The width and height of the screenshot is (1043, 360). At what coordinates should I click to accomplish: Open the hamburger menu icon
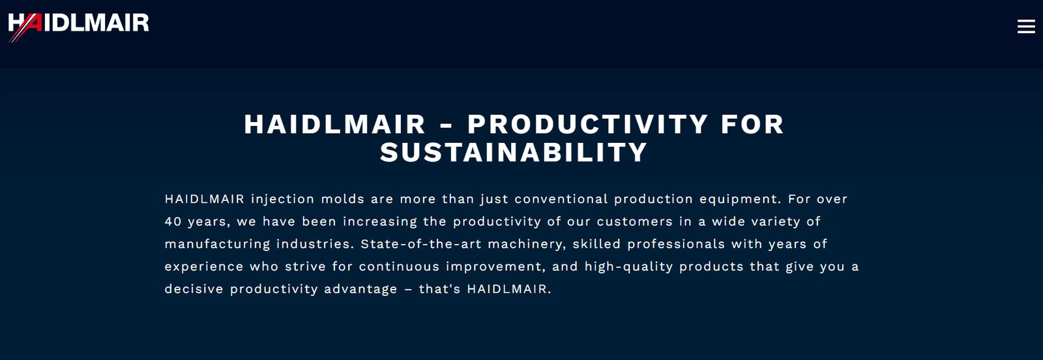click(x=1026, y=27)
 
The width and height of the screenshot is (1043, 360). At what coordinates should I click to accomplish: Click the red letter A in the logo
click(x=33, y=23)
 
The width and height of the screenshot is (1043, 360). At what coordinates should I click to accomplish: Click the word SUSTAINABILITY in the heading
click(x=514, y=153)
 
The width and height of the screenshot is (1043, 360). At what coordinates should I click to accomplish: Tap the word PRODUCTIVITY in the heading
click(x=587, y=125)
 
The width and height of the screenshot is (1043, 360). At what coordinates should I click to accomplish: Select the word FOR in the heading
click(x=752, y=125)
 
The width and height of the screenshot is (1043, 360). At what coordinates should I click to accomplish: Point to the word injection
click(x=283, y=200)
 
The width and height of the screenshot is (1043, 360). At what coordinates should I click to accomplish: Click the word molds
click(x=343, y=199)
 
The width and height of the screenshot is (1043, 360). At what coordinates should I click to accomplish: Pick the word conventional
click(x=561, y=199)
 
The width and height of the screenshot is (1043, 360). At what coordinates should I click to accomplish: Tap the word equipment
click(x=740, y=200)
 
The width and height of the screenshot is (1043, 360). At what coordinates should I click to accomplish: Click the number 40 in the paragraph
click(x=173, y=221)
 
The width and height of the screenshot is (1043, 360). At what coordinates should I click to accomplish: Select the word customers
click(x=635, y=221)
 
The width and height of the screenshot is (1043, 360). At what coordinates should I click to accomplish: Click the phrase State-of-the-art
click(x=421, y=243)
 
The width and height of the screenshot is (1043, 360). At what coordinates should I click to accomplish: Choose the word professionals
click(x=676, y=244)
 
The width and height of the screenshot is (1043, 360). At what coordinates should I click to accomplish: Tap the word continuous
click(x=399, y=266)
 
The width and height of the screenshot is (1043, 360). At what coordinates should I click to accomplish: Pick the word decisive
click(x=194, y=289)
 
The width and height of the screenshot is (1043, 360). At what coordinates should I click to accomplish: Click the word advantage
click(x=360, y=290)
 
